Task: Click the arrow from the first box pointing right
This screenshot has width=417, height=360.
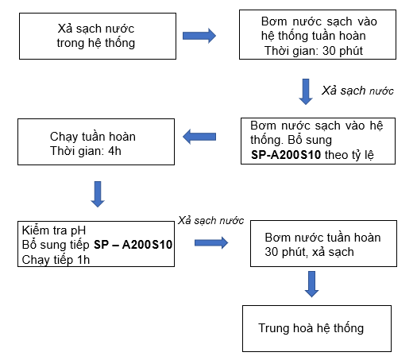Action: pyautogui.click(x=199, y=36)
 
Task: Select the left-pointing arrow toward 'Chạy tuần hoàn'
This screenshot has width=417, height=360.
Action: pyautogui.click(x=199, y=137)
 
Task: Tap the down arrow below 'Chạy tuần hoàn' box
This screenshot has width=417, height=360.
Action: pyautogui.click(x=98, y=194)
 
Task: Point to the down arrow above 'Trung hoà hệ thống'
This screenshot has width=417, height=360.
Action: pyautogui.click(x=311, y=284)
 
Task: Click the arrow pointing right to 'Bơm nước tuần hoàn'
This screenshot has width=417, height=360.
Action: pyautogui.click(x=211, y=242)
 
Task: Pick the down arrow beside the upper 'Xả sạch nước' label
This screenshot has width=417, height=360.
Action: pyautogui.click(x=306, y=92)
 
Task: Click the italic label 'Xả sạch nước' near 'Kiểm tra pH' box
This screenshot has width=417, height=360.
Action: pyautogui.click(x=210, y=220)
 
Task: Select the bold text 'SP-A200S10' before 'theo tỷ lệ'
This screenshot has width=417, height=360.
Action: pyautogui.click(x=286, y=155)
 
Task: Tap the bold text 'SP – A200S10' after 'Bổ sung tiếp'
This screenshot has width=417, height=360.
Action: pyautogui.click(x=133, y=245)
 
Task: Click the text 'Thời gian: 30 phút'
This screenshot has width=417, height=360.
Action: pyautogui.click(x=314, y=51)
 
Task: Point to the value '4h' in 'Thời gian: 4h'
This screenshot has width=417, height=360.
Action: pyautogui.click(x=114, y=151)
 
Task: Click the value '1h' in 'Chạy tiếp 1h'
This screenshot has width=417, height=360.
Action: pyautogui.click(x=83, y=260)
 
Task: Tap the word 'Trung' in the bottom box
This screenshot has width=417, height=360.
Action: pyautogui.click(x=274, y=327)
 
